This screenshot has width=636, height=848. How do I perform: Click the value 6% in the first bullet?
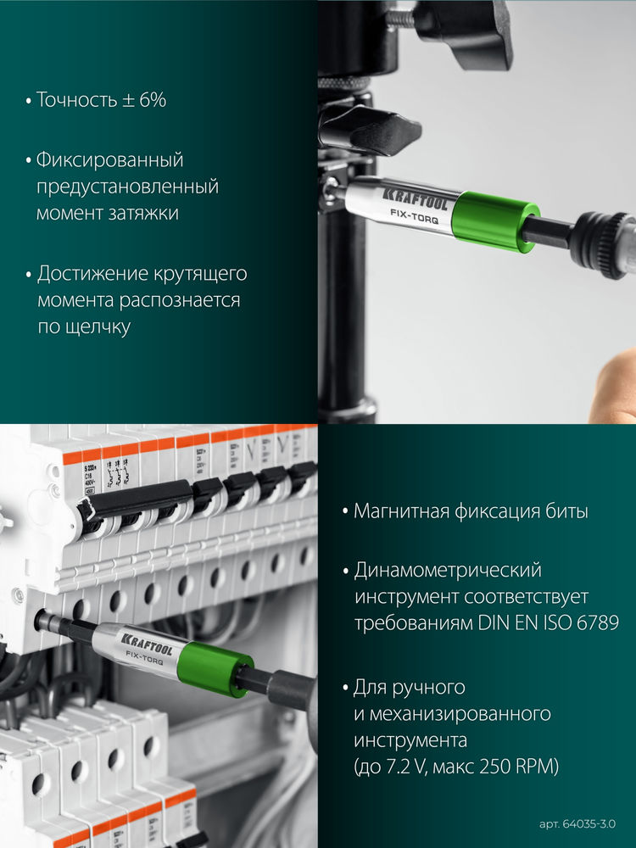click(x=149, y=100)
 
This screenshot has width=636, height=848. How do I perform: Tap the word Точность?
click(x=77, y=100)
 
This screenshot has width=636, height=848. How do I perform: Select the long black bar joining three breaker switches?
click(x=136, y=499)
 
